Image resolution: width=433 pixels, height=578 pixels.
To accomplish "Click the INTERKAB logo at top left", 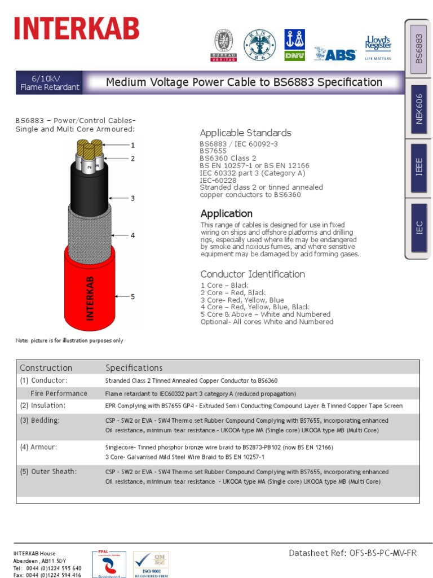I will pos(77,29).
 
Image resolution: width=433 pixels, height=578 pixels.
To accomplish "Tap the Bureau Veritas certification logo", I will pos(223,46).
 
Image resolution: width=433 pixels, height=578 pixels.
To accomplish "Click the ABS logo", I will pos(335,54).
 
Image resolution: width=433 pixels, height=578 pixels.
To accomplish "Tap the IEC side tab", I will pos(418,228).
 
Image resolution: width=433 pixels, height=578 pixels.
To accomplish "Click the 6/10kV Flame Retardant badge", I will pos(50,82).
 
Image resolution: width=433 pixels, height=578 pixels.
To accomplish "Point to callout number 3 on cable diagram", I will pos(133,198).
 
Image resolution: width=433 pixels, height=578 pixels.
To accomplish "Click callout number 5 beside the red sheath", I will pos(133,296).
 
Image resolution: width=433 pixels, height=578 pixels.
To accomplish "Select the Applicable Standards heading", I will pos(245,133).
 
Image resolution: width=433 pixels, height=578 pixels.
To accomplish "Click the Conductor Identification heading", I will pos(253,274).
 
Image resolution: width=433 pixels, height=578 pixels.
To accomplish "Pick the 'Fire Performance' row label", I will pos(59,393).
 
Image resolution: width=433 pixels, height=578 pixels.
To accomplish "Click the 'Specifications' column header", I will pos(134,368).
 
